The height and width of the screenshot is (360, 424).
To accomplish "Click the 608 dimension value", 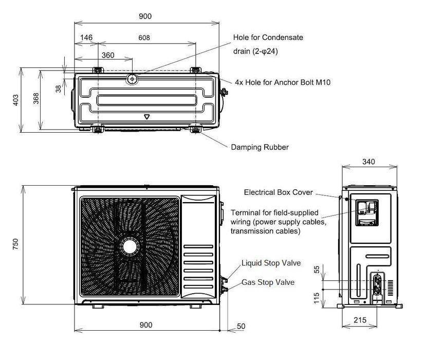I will coord(145,38).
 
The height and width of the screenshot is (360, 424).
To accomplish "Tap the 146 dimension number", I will coord(85,38).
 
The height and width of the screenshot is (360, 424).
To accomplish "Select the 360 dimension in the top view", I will coord(108,55).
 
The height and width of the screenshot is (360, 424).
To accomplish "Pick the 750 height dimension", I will coord(15,242).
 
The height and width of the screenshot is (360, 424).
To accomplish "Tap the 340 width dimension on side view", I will coord(368,161).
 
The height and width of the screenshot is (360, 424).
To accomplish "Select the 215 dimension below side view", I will coord(360,320).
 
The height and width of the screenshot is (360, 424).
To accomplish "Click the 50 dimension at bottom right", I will coord(242,326).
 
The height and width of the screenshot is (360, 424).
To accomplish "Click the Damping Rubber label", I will coord(260,147).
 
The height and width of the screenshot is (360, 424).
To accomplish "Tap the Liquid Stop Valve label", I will coord(271,263).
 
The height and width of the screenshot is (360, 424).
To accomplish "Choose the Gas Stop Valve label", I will coord(268,283).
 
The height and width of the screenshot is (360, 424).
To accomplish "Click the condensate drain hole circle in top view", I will coord(132,79).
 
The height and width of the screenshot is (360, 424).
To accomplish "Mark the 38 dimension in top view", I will coord(59,88).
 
